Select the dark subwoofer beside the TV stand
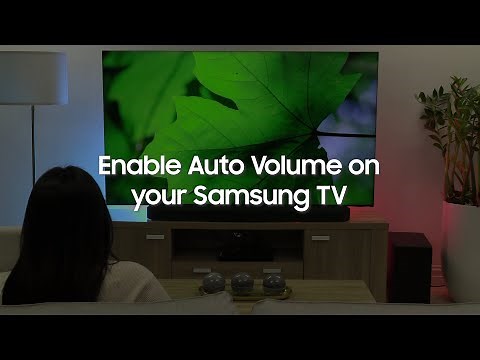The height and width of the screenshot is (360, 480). click(409, 266)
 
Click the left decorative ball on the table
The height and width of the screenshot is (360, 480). click(212, 283)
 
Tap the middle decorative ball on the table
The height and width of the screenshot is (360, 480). click(242, 283)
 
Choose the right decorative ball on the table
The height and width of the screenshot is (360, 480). click(274, 283)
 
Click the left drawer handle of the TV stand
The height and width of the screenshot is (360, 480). click(155, 237)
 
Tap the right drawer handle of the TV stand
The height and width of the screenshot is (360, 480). click(320, 238)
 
